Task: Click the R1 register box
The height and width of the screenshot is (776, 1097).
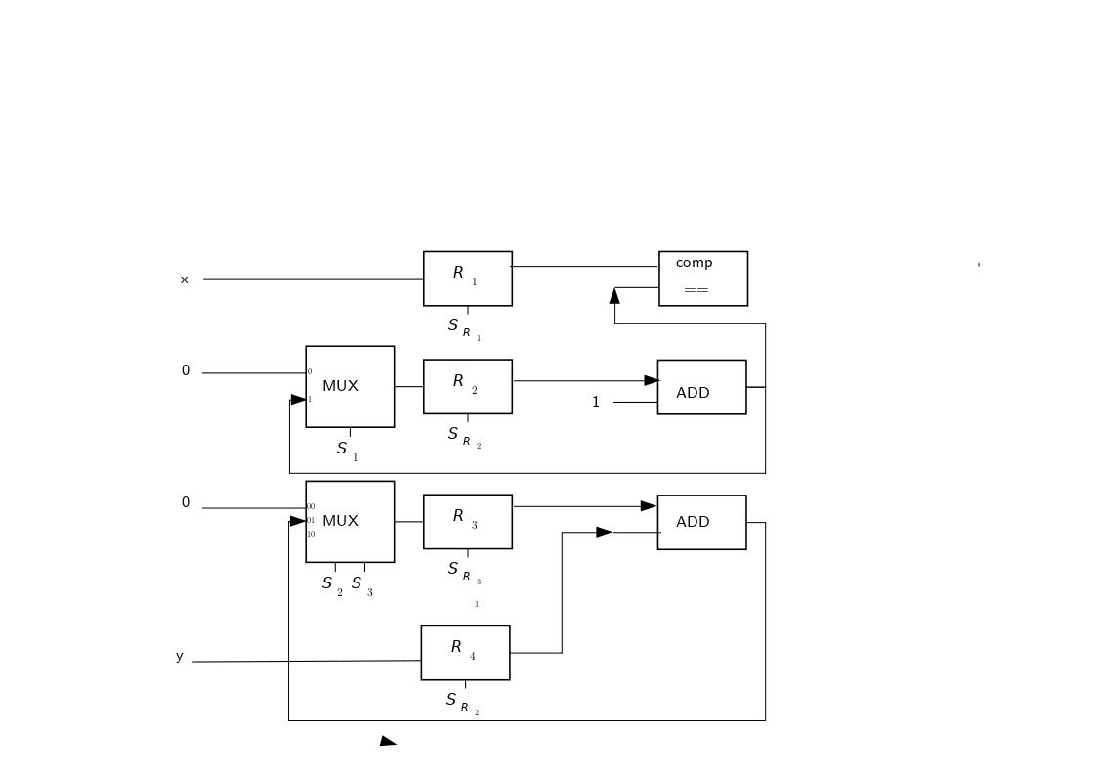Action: point(467,279)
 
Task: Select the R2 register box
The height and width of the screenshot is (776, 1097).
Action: point(467,386)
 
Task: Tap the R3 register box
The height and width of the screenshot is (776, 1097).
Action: point(467,521)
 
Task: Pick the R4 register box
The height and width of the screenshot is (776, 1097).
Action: point(465,652)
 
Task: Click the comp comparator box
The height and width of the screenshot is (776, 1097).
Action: point(702,279)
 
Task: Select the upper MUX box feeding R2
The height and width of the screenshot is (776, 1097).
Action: point(349,386)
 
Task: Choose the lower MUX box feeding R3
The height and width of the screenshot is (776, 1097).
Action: point(349,521)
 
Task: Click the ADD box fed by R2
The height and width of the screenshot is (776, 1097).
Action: point(701,387)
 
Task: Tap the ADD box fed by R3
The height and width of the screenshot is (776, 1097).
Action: point(701,522)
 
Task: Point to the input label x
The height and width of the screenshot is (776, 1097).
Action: point(184,280)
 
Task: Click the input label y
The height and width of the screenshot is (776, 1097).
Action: point(179,656)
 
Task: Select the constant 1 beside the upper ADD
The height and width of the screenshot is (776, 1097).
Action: point(595,402)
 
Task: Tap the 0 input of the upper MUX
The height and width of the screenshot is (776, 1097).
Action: point(185,371)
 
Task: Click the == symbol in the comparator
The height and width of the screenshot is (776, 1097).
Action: point(696,290)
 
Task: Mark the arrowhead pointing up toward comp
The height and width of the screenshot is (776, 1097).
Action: point(614,295)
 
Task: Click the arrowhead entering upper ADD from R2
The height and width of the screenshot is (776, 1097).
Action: point(652,380)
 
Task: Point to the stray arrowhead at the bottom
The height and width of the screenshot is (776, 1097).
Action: point(387,741)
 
